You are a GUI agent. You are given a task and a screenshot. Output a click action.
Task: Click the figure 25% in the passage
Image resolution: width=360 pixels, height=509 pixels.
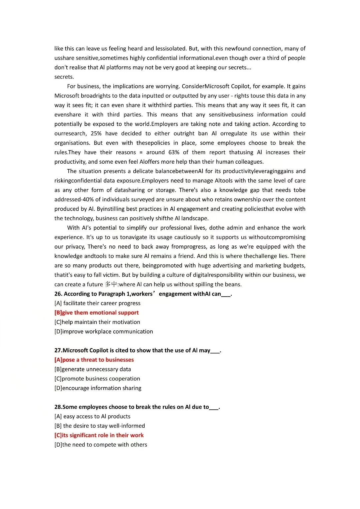[96, 133]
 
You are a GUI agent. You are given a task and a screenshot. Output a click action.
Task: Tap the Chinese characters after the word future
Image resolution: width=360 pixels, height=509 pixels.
[111, 284]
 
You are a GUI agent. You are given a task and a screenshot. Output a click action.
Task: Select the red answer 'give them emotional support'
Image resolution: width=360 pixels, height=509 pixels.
[97, 313]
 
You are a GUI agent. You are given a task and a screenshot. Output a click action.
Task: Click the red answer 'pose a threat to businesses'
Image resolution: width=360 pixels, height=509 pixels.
[94, 360]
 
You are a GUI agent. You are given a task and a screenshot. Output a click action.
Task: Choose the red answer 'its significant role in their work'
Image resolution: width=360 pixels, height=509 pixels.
[99, 435]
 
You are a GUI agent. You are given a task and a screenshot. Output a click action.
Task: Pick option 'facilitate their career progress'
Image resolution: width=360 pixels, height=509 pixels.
[97, 303]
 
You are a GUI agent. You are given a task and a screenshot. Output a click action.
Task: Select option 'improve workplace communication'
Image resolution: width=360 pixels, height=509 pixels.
[104, 332]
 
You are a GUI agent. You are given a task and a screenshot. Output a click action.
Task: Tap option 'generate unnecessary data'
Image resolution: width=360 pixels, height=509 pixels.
[93, 369]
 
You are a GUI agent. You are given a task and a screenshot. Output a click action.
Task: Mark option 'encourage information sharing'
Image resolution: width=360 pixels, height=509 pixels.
[98, 388]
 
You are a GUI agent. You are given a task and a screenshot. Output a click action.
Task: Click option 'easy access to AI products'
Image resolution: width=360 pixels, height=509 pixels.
[92, 416]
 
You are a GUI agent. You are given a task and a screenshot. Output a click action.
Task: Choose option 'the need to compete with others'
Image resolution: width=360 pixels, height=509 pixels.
[101, 445]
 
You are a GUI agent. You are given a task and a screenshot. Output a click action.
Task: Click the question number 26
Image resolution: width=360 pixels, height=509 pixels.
[58, 294]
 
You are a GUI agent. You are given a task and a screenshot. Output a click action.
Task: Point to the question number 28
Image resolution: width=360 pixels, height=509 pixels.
[58, 407]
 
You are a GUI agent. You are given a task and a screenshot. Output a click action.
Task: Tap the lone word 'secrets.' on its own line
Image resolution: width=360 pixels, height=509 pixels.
[64, 77]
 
